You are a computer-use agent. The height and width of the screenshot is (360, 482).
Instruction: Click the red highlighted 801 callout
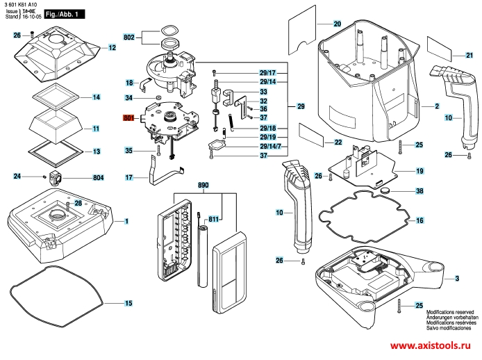click(128, 118)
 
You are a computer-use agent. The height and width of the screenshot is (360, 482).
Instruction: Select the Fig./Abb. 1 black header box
click(65, 13)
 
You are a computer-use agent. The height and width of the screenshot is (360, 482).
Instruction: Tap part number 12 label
click(111, 48)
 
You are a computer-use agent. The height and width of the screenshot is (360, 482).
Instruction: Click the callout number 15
click(128, 303)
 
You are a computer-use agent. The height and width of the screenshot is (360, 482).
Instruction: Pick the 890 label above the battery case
click(203, 187)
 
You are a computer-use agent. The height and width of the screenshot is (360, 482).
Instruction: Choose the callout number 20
click(338, 24)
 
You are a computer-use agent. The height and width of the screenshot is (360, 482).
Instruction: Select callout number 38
click(419, 190)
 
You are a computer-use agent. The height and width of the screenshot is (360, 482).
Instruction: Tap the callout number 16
click(419, 220)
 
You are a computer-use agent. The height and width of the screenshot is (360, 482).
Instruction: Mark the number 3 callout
click(457, 279)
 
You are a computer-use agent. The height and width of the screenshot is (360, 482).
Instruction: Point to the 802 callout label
click(128, 37)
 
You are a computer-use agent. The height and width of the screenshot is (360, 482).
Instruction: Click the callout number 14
click(97, 97)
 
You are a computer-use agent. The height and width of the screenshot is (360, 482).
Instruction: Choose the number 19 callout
click(419, 170)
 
